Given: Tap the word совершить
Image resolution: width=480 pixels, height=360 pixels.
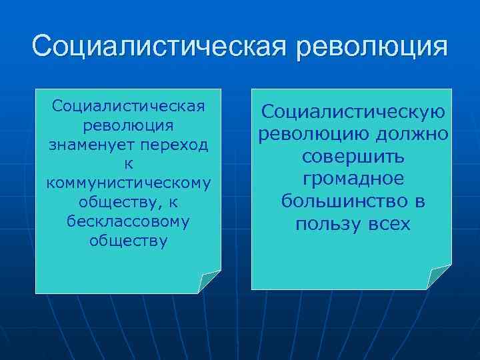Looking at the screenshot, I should coord(353,157).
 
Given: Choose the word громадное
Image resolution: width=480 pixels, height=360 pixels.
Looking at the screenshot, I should coord(353,179).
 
